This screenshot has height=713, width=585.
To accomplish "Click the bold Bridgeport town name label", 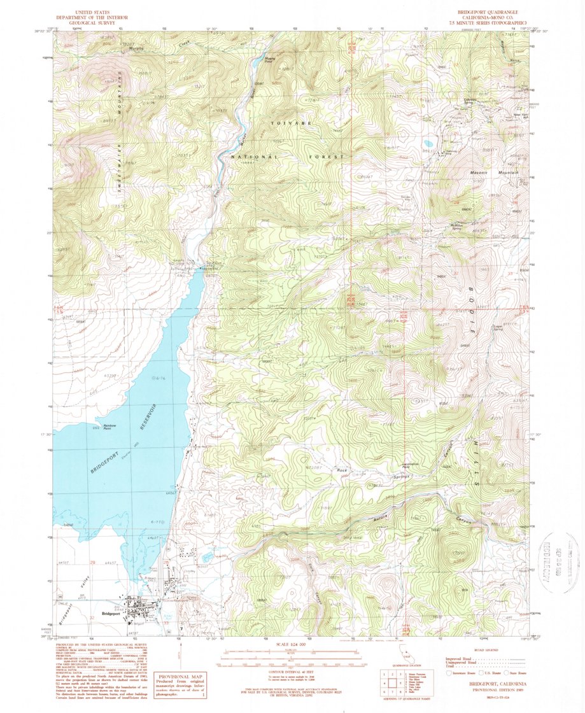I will (111, 614).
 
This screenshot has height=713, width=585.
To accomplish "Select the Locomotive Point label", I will (416, 465).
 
